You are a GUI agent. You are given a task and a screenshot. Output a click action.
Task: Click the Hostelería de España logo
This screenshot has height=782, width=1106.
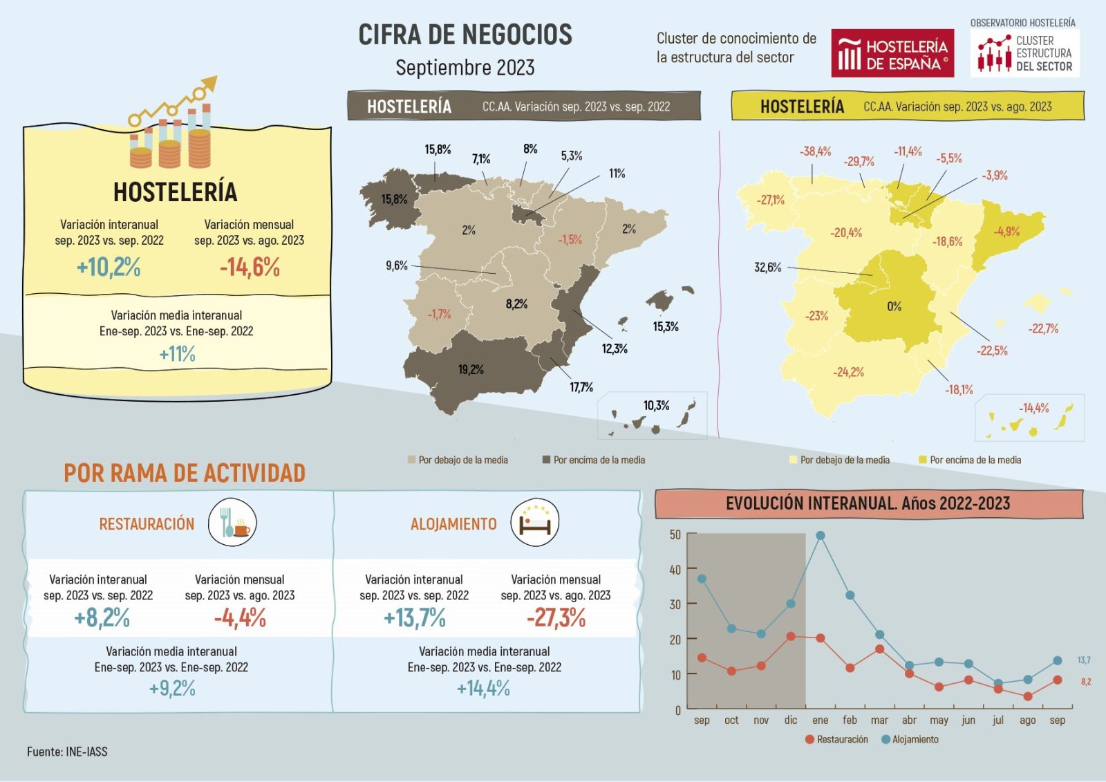892,53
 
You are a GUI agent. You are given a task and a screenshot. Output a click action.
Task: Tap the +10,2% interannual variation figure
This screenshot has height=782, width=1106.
109,267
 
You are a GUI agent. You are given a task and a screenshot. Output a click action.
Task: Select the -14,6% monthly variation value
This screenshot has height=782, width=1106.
250,267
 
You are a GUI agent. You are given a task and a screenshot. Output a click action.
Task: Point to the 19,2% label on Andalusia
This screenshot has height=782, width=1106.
471,370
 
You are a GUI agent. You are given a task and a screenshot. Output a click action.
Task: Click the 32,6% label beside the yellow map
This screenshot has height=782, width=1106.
767,268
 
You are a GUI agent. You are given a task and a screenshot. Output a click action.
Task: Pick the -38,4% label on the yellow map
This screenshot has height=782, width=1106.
815,151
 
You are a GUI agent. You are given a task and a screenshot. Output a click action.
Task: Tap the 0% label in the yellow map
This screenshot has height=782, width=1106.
894,306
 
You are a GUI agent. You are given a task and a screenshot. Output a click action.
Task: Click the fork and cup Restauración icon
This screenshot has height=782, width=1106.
232,523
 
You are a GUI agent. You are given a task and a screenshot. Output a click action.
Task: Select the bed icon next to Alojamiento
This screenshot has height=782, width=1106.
534,523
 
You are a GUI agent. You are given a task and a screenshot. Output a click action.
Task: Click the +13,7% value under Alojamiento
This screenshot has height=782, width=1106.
415,617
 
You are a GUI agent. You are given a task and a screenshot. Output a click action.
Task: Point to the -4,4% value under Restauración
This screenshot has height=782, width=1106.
240,617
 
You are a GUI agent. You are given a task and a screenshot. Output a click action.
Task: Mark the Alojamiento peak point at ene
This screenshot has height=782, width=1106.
821,536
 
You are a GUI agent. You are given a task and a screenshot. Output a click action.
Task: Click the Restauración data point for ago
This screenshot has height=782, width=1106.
1028,696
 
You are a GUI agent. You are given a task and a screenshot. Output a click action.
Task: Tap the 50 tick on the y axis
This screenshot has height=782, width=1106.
675,534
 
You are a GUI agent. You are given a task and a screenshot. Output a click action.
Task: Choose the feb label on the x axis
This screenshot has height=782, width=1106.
850,720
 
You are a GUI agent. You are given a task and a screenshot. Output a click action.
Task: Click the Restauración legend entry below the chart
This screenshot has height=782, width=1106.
837,739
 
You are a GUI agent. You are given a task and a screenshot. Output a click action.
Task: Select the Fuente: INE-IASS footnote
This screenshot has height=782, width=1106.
67,752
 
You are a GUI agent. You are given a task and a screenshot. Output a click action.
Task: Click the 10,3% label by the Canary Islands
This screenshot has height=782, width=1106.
656,406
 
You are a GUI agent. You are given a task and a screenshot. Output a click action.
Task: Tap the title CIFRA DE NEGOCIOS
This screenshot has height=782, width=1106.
465,35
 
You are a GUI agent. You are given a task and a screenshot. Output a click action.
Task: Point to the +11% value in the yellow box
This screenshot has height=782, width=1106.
178,354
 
